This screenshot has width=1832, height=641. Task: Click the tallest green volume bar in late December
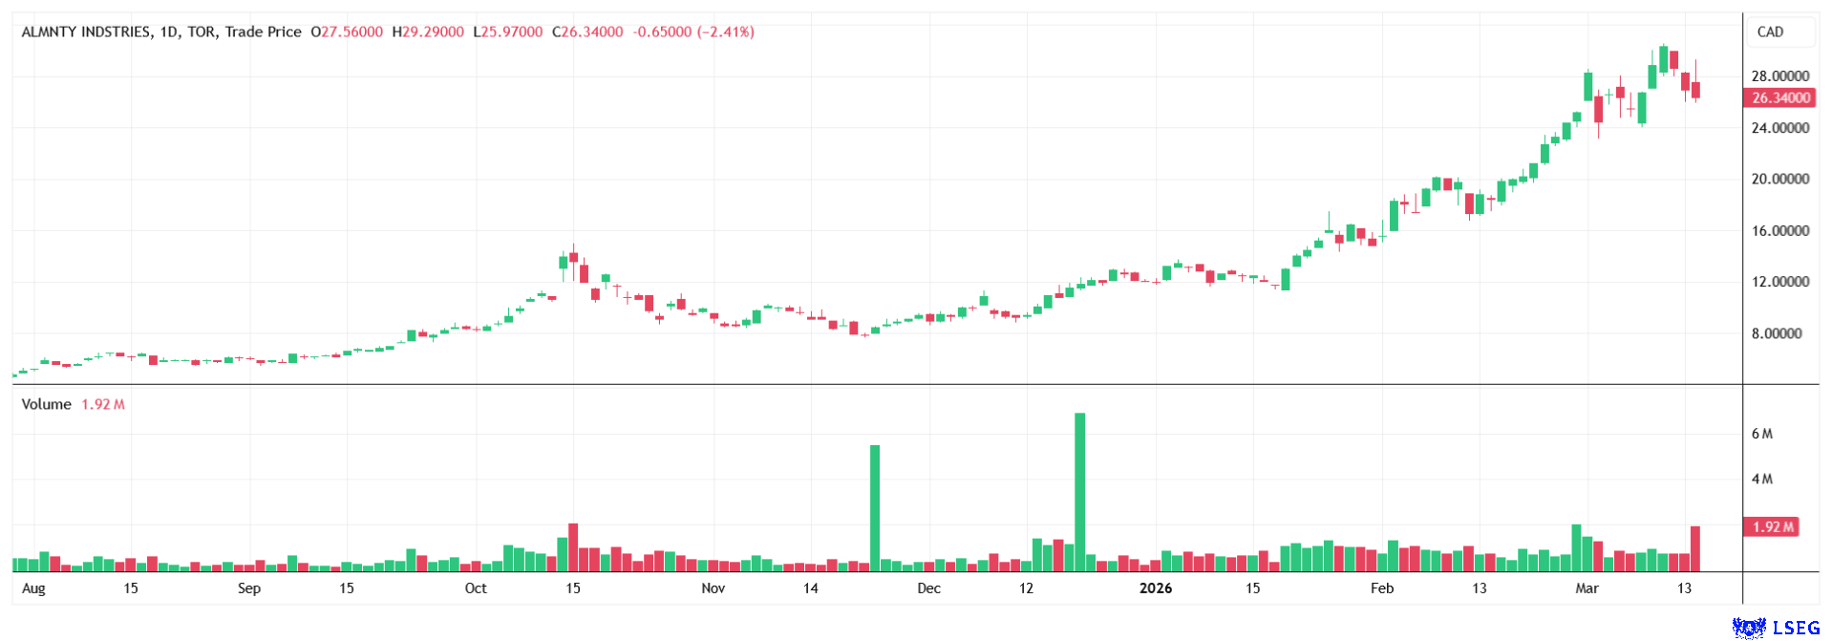point(1079,492)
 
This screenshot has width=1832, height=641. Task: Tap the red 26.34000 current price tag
point(1779,97)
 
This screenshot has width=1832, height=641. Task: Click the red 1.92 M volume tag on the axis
point(1772,526)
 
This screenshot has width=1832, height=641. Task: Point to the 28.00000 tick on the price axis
point(1779,76)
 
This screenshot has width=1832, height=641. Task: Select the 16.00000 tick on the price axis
point(1779,230)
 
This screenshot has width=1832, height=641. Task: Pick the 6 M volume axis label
point(1761,434)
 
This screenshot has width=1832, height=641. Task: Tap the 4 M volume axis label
point(1761,479)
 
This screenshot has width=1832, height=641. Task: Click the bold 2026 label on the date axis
point(1155,588)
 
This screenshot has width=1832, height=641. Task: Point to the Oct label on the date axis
point(476,588)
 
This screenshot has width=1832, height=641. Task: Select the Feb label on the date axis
point(1381,588)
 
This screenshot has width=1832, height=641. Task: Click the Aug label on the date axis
point(33,588)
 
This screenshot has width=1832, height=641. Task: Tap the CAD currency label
point(1770,32)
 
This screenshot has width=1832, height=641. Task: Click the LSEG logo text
point(1795,628)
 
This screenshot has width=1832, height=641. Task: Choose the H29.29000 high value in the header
point(428,32)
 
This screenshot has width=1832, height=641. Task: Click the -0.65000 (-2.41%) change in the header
point(693,32)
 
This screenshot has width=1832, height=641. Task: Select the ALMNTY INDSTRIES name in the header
point(86,32)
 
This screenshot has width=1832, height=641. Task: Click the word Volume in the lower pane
point(46,404)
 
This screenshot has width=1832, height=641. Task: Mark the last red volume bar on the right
point(1694,549)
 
